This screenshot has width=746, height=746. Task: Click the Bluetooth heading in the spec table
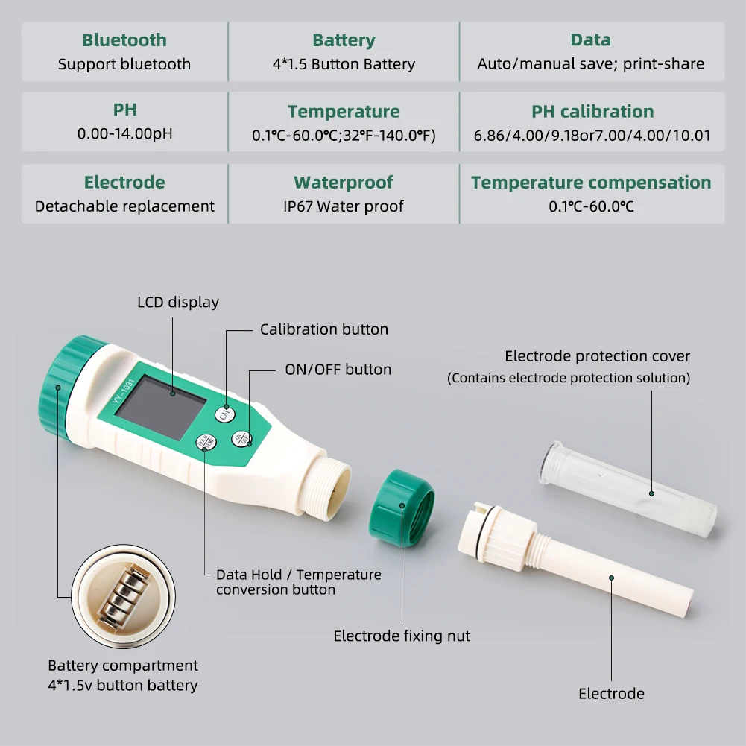(124, 40)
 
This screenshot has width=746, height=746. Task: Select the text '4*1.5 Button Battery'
(344, 64)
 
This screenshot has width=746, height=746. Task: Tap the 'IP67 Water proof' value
(344, 206)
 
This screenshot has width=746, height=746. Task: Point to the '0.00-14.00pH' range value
(124, 135)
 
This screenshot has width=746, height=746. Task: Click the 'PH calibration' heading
(592, 112)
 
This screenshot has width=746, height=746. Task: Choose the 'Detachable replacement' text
(124, 206)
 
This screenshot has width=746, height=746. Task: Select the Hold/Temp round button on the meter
(205, 443)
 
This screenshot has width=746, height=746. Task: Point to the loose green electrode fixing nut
(401, 508)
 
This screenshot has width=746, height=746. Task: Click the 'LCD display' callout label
(178, 303)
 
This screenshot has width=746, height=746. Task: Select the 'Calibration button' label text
(323, 329)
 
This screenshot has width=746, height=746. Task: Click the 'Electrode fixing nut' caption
(401, 636)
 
